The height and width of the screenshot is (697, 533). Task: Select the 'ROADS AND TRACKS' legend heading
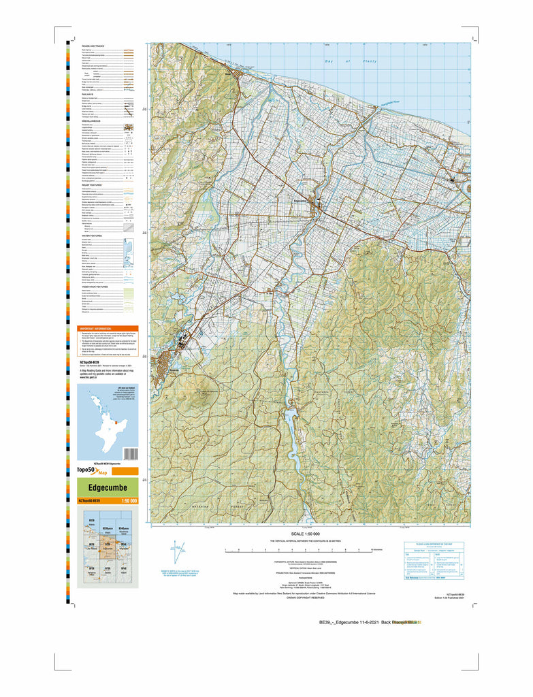pyautogui.click(x=93, y=45)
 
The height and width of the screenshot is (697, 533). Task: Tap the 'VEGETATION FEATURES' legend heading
pyautogui.click(x=97, y=287)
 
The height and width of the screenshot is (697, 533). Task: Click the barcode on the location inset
pyautogui.click(x=132, y=453)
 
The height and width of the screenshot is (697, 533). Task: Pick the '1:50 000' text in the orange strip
pyautogui.click(x=129, y=502)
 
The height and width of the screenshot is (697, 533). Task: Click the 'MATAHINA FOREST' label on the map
pyautogui.click(x=204, y=507)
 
